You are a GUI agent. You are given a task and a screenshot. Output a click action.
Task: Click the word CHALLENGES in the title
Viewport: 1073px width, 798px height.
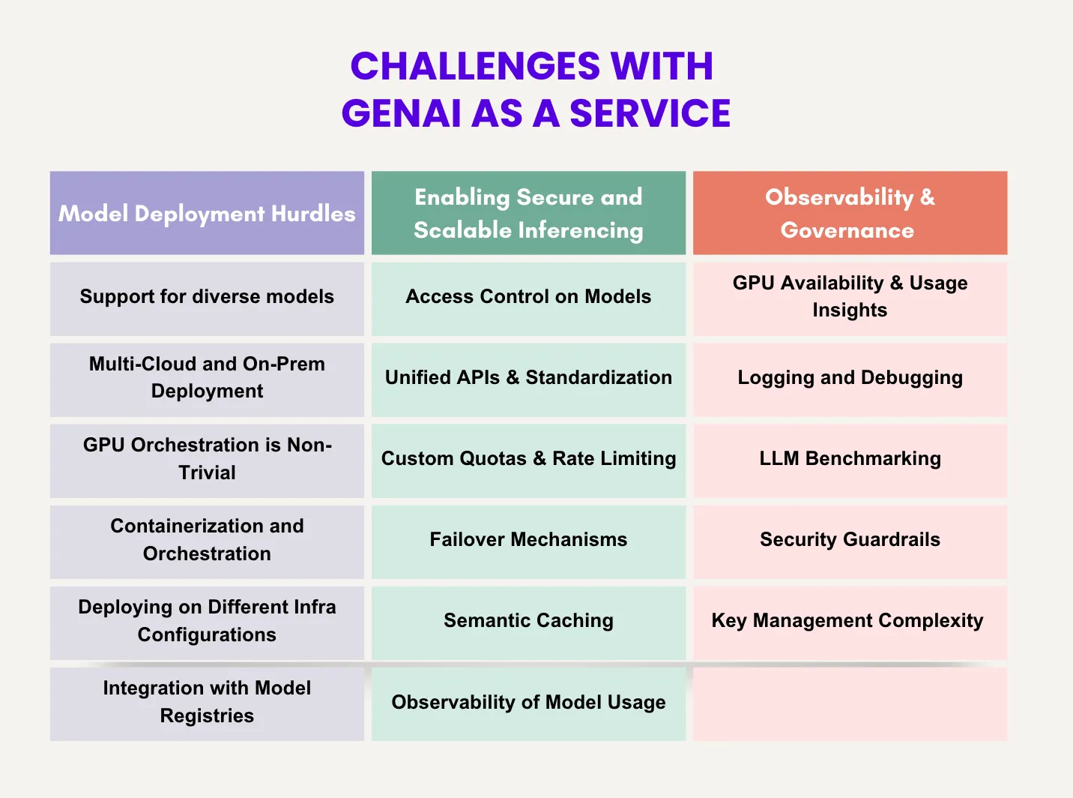(475, 66)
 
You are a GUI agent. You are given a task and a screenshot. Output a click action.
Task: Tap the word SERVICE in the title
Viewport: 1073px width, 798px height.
(650, 113)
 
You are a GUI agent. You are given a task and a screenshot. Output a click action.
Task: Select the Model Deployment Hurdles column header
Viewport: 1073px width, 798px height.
(207, 214)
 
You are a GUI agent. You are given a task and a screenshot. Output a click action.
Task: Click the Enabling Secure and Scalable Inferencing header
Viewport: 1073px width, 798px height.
(528, 214)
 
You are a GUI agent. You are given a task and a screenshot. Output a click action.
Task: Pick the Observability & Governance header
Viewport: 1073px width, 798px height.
(850, 214)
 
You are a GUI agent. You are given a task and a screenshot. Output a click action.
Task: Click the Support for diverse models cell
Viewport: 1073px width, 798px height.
(207, 297)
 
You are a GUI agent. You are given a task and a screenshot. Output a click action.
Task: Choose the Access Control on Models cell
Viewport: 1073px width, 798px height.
(528, 297)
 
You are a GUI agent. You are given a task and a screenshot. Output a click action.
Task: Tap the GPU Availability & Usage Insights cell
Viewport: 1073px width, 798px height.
(850, 297)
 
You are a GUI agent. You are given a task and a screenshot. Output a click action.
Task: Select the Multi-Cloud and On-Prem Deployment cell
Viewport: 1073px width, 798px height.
(207, 378)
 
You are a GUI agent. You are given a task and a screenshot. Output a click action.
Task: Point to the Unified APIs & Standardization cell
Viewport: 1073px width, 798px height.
(528, 378)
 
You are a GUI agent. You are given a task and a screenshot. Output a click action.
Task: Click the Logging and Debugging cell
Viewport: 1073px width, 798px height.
(850, 378)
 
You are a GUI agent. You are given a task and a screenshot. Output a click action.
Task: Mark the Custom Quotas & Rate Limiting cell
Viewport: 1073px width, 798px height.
(528, 459)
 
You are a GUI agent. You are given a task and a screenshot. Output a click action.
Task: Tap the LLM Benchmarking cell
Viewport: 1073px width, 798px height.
(850, 459)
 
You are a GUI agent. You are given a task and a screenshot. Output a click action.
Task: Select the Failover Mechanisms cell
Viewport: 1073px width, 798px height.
(528, 540)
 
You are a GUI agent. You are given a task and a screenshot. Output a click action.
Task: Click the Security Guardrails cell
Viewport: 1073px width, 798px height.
(850, 540)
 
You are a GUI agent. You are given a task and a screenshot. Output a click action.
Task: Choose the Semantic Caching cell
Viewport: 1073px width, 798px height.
(528, 621)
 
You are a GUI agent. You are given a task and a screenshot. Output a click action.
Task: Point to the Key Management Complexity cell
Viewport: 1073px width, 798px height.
(850, 621)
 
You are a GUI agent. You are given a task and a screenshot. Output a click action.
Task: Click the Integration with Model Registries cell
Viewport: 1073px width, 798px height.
(207, 702)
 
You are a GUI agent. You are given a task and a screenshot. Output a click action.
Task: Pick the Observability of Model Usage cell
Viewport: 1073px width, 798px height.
(528, 703)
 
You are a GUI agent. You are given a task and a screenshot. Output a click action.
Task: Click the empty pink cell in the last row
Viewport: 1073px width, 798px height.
(850, 703)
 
